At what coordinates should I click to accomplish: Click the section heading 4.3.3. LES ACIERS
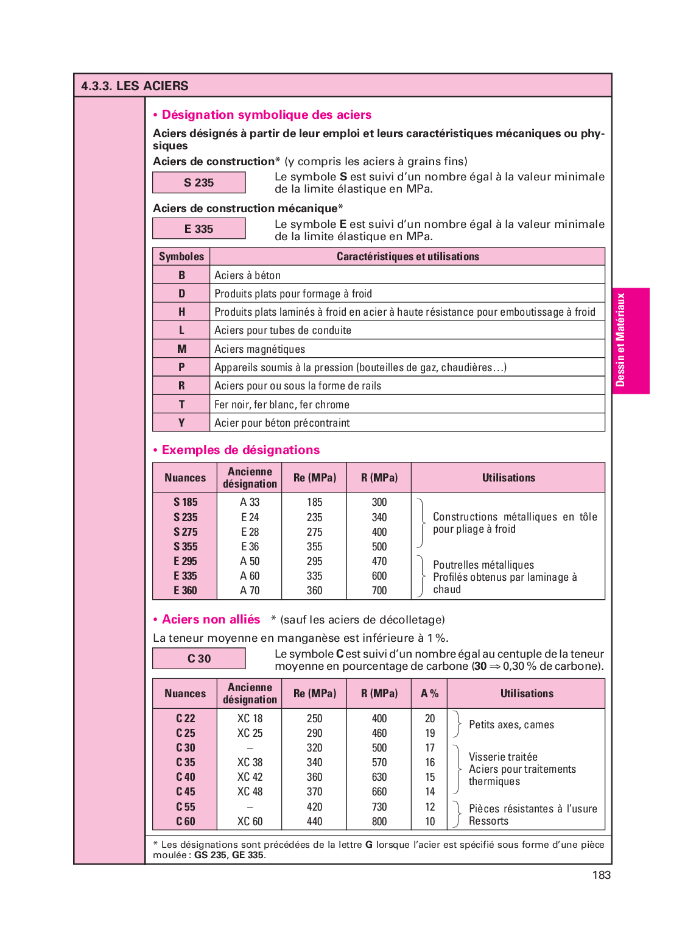click(135, 86)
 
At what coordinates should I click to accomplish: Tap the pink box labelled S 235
click(199, 182)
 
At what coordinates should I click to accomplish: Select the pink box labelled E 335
click(199, 229)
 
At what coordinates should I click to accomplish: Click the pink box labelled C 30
click(199, 658)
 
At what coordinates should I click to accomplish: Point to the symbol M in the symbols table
click(181, 349)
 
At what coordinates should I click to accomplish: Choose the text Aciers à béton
click(247, 275)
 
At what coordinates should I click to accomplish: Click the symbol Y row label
click(181, 422)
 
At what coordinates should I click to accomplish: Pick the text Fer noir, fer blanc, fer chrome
click(282, 405)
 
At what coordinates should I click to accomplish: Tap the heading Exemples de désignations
click(241, 450)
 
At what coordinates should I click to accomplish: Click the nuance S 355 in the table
click(186, 547)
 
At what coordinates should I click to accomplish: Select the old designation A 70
click(250, 591)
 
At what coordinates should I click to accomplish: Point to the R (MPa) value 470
click(379, 561)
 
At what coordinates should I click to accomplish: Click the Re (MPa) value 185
click(315, 502)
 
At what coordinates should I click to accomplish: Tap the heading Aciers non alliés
click(211, 619)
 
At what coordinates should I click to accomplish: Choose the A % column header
click(430, 694)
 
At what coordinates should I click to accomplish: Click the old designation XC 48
click(250, 792)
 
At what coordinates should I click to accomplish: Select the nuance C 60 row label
click(186, 822)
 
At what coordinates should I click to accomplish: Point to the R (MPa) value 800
click(379, 822)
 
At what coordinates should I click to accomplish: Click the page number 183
click(601, 875)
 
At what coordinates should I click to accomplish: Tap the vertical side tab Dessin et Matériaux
click(620, 340)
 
